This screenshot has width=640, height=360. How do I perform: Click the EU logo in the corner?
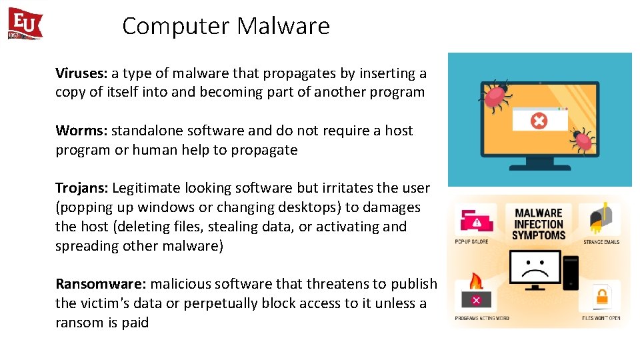click(25, 24)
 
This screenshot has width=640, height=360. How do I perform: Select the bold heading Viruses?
click(81, 73)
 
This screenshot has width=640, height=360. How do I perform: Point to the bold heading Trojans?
click(82, 188)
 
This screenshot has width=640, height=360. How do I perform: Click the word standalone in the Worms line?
click(143, 131)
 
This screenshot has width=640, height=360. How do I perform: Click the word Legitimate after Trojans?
click(146, 188)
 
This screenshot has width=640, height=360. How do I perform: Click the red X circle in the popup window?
click(538, 121)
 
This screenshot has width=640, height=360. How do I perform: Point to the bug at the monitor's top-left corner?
click(495, 95)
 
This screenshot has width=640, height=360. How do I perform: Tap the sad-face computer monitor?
click(535, 267)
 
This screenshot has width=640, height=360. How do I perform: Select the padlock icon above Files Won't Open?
click(601, 296)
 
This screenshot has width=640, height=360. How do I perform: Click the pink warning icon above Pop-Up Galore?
click(475, 221)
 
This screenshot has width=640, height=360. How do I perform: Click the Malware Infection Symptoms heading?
click(538, 224)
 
